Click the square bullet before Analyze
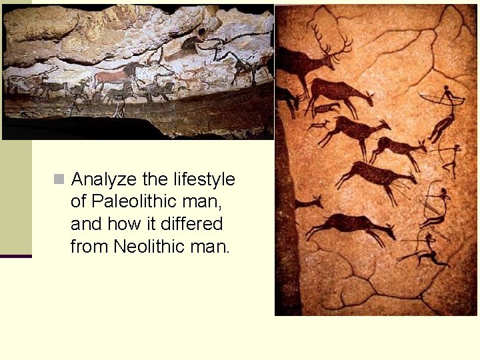pos(59,179)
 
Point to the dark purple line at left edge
pos(15,256)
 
